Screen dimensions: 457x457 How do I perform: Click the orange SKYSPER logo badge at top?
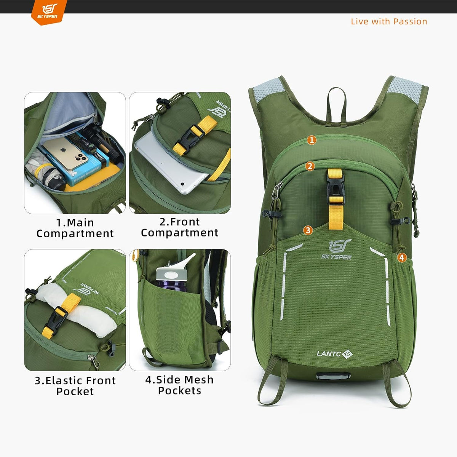pos(49,12)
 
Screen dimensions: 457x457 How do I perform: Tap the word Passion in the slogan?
pos(410,22)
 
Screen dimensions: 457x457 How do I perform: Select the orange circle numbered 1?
pos(312,140)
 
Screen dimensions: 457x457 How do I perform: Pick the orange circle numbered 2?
pos(310,166)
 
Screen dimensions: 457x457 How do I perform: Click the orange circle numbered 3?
pos(308,230)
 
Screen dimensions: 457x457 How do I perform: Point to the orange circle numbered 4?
pos(402,257)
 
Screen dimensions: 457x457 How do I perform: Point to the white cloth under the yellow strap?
pos(78,308)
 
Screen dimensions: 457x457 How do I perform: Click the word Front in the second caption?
pos(184,222)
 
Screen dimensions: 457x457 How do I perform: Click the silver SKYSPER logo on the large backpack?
pos(336,249)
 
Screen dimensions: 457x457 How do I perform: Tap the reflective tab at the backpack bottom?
pos(333,376)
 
